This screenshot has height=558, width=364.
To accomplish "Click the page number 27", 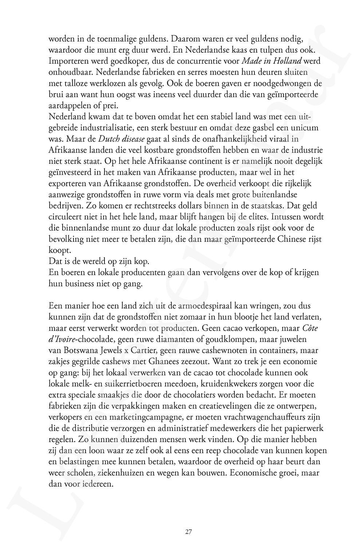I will click(189, 531).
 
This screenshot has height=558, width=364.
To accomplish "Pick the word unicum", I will click(305, 128).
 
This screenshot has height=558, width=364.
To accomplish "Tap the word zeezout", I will click(194, 362).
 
